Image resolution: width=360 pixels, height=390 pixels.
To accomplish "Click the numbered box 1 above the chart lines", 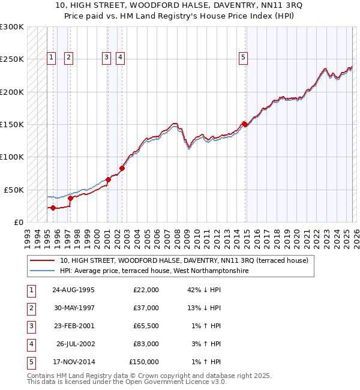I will pyautogui.click(x=52, y=58).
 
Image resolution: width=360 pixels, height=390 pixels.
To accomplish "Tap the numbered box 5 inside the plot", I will pyautogui.click(x=244, y=58).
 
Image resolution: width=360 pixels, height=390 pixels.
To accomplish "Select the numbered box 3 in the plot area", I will pyautogui.click(x=106, y=58).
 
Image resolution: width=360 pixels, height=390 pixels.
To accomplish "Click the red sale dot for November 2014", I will pyautogui.click(x=245, y=125).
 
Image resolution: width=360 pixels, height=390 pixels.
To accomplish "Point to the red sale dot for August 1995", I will pyautogui.click(x=53, y=208).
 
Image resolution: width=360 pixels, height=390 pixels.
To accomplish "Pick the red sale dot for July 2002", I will pyautogui.click(x=122, y=169).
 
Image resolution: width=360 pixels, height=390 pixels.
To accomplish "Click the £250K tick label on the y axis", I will pyautogui.click(x=11, y=59).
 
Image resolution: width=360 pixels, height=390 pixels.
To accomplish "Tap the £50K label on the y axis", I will pyautogui.click(x=13, y=190).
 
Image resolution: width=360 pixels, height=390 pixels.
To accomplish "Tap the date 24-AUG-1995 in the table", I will pyautogui.click(x=73, y=290).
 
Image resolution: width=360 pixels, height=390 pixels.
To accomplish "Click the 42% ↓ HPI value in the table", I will pyautogui.click(x=204, y=290).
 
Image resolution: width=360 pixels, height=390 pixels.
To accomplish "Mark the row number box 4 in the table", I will pyautogui.click(x=30, y=344).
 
